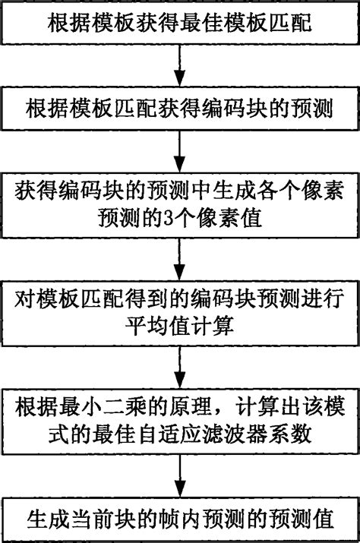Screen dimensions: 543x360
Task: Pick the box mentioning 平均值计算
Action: coord(180,314)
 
